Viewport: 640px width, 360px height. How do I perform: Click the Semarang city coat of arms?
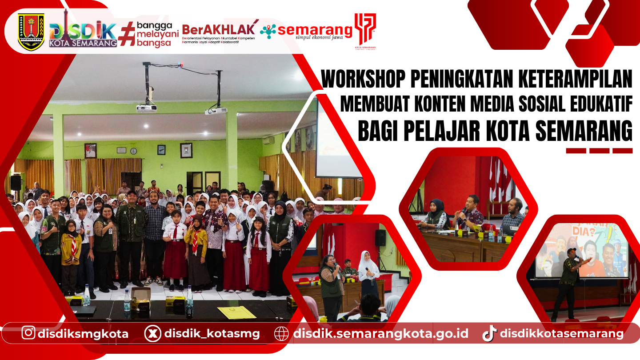[31, 32]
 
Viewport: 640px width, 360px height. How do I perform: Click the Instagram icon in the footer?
[28, 332]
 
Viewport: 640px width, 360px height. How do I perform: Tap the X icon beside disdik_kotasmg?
[152, 333]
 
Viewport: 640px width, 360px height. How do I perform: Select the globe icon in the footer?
[281, 333]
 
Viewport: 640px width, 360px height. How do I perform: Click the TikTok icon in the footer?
[489, 333]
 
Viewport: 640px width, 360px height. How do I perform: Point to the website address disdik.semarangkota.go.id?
[380, 333]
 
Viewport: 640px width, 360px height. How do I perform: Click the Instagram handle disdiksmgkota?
[83, 333]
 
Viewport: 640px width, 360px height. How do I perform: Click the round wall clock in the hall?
[133, 151]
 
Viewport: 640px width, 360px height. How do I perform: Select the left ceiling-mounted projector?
[146, 108]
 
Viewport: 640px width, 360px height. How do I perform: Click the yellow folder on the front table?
[237, 312]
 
